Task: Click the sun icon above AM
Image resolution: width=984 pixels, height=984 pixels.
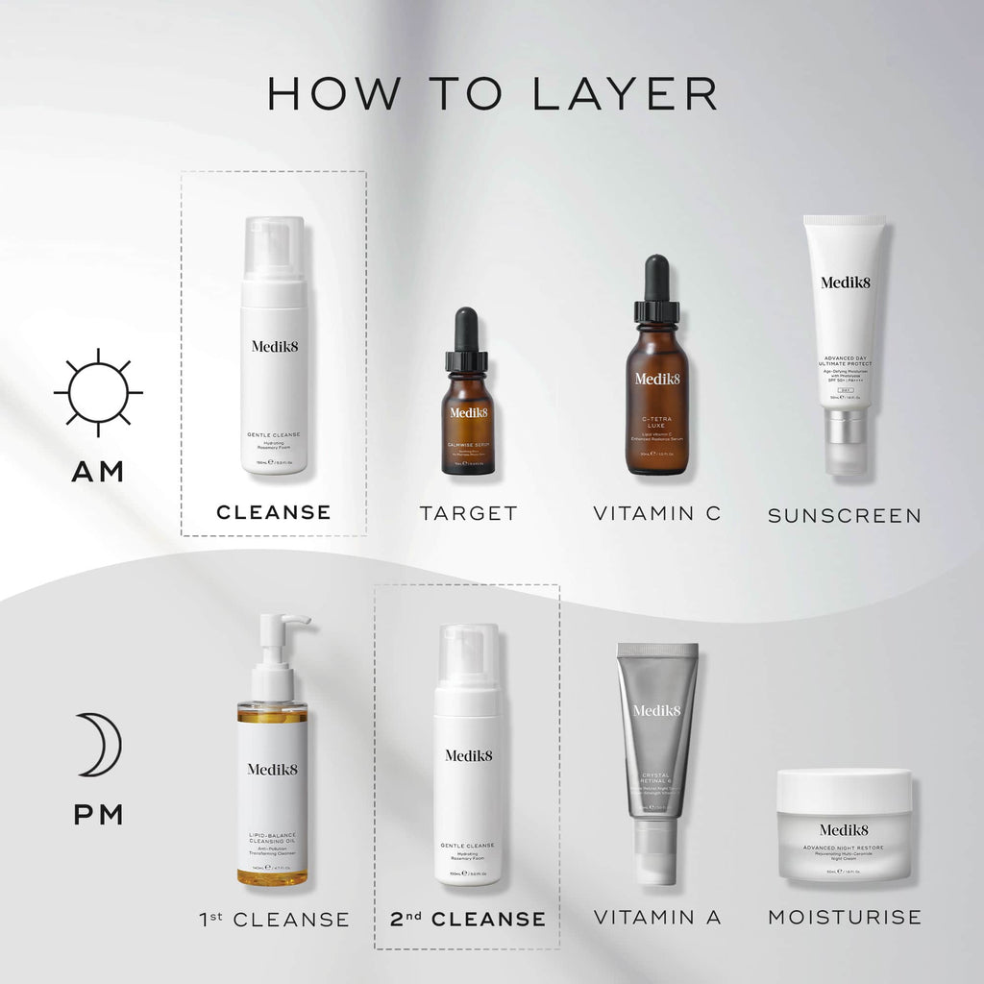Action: [x=98, y=392]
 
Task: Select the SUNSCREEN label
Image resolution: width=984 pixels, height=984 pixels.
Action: [x=844, y=516]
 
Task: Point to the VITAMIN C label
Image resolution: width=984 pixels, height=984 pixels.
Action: [x=656, y=513]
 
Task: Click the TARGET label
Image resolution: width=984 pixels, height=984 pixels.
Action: [x=468, y=513]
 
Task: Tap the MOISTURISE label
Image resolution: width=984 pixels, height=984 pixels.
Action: [x=844, y=917]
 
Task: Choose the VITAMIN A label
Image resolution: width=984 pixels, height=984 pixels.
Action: [x=657, y=917]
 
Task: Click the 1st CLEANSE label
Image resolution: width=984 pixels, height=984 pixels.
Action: [x=274, y=920]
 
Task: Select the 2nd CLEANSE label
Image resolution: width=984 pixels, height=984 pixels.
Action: [x=468, y=919]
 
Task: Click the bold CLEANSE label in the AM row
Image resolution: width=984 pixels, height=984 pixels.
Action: [x=274, y=512]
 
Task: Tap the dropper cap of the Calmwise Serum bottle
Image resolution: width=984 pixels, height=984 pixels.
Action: [x=467, y=331]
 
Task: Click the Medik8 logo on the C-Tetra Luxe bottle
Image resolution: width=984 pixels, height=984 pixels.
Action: [x=657, y=378]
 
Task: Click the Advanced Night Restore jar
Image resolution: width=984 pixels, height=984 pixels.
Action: [x=844, y=826]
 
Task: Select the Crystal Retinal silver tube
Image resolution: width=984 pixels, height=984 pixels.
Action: [x=657, y=730]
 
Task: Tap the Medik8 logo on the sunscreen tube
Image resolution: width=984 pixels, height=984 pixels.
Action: [x=844, y=282]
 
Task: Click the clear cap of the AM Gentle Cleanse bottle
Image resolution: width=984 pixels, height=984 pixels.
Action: [x=274, y=248]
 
